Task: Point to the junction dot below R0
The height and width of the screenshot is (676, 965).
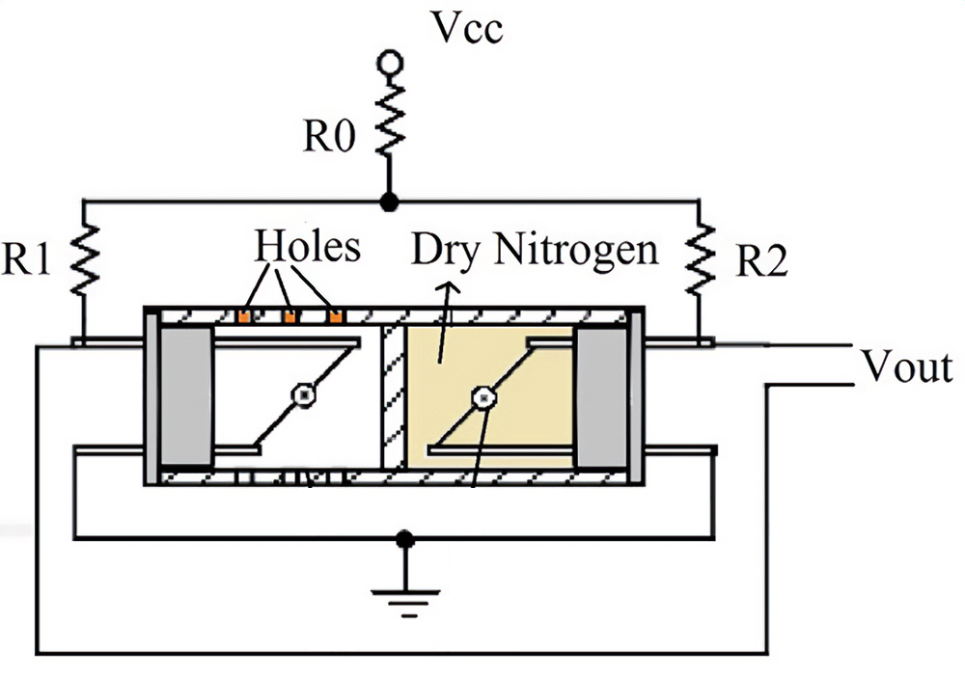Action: [x=390, y=202]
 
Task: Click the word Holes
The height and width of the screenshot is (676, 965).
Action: [x=308, y=249]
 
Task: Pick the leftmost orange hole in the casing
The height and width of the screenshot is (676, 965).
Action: [x=245, y=314]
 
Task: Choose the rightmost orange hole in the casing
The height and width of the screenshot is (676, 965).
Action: [x=335, y=314]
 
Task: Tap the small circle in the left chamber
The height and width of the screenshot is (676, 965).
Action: [x=304, y=395]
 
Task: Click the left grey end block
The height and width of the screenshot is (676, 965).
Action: [x=185, y=396]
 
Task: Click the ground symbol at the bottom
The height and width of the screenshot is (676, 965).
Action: [x=406, y=593]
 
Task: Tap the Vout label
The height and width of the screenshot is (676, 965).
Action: [x=907, y=367]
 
